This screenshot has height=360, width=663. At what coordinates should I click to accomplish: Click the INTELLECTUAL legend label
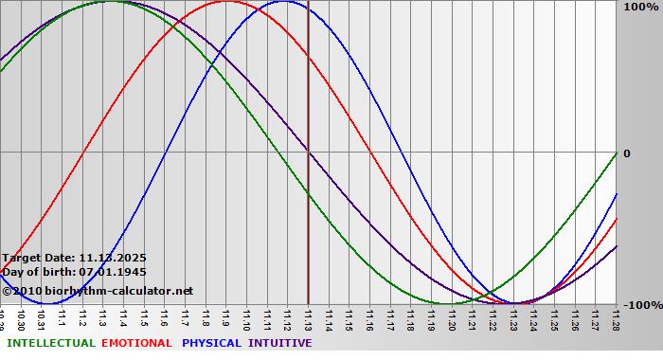(49, 343)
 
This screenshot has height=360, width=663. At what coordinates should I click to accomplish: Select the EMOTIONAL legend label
(136, 343)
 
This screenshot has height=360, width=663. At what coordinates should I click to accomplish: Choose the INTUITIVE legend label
(279, 343)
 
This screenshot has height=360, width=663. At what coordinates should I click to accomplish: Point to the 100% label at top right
(638, 7)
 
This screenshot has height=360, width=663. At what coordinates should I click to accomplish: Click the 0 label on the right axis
(626, 153)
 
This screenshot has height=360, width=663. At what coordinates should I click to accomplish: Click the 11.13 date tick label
(308, 319)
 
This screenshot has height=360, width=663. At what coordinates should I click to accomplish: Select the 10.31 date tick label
(42, 319)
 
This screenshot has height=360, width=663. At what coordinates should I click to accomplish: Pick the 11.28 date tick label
(616, 319)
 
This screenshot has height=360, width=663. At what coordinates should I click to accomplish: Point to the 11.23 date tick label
(513, 319)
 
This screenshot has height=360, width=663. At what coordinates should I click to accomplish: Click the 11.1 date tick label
(63, 319)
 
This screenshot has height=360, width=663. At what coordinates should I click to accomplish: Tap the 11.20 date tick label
(452, 319)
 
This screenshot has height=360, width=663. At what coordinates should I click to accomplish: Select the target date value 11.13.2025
(113, 257)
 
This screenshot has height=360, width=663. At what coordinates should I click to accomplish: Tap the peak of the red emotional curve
(225, 2)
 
